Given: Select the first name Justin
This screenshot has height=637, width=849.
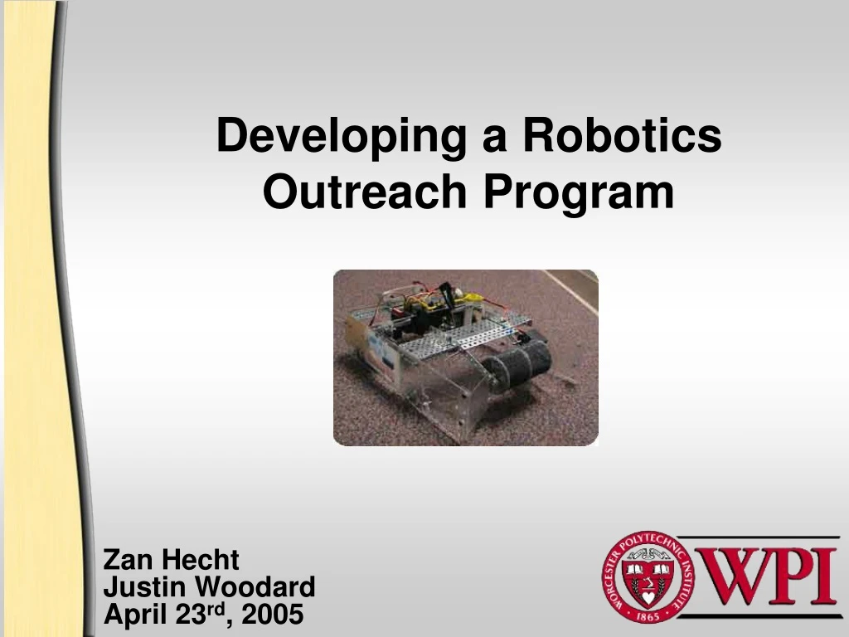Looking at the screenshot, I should pos(145,587).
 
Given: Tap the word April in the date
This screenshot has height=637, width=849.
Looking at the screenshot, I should pos(133,615).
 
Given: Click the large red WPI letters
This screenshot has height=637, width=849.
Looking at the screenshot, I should pos(764,576).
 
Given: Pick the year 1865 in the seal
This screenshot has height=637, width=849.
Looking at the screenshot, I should pos(650,613).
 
